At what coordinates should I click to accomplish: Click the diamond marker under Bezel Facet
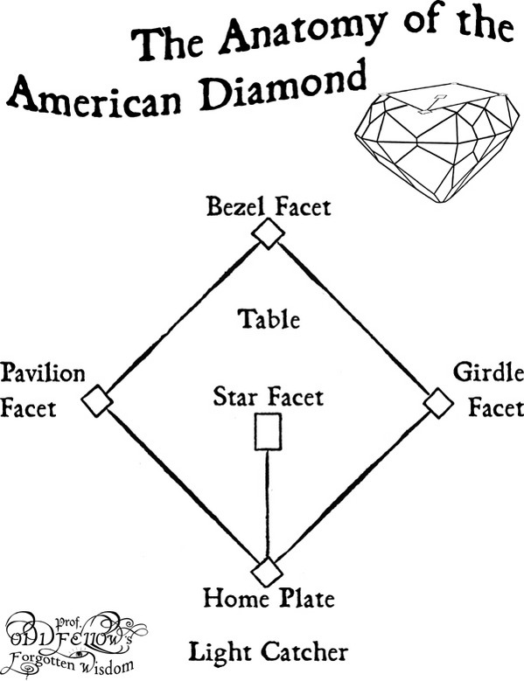pos(268,233)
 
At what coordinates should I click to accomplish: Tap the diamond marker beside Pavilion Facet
pos(97,400)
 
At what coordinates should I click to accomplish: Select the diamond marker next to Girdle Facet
pos(438,403)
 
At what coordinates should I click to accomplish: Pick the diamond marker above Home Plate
pos(267,572)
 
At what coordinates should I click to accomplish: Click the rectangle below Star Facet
pos(268,432)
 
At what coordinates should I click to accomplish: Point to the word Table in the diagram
pos(269,319)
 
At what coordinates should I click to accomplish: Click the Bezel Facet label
pos(269,206)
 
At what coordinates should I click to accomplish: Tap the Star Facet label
pos(268,397)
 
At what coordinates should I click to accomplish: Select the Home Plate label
pos(269,598)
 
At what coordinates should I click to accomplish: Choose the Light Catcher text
pos(268,652)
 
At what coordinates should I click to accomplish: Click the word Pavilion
pos(43,373)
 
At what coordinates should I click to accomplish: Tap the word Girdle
pos(488,372)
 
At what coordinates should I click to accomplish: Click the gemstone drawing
pos(437,142)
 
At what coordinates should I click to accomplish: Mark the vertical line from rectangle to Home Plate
pos(267,504)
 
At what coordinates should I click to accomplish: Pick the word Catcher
pos(304,652)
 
